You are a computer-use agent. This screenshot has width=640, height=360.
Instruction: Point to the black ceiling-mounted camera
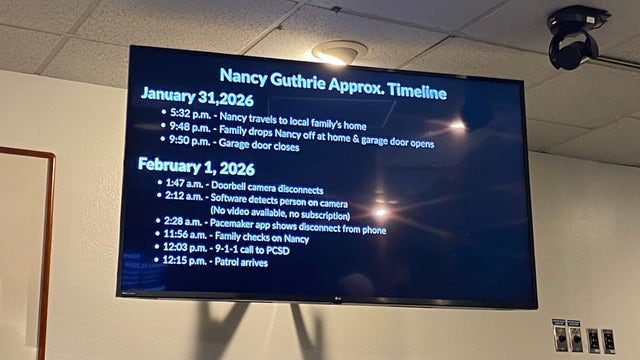pos(578,38)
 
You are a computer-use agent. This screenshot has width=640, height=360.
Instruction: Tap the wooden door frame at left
pos(45,250)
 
